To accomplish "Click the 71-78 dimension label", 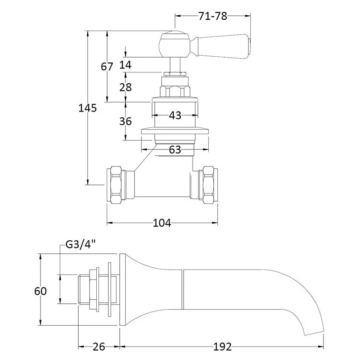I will pyautogui.click(x=212, y=16).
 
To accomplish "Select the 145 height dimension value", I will pyautogui.click(x=88, y=108).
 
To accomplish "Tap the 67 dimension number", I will pyautogui.click(x=107, y=67).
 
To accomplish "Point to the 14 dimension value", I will pyautogui.click(x=126, y=65).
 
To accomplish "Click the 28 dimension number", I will pyautogui.click(x=126, y=87).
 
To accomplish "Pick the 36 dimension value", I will pyautogui.click(x=126, y=121).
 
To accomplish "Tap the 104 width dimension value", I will pyautogui.click(x=162, y=223).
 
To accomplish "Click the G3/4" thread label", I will pyautogui.click(x=81, y=246).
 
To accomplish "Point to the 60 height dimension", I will pyautogui.click(x=40, y=291).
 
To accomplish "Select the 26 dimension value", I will pyautogui.click(x=99, y=346).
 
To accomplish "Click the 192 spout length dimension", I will pyautogui.click(x=222, y=346).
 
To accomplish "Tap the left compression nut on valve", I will pyautogui.click(x=115, y=185).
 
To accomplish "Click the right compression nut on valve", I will pyautogui.click(x=209, y=185).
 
